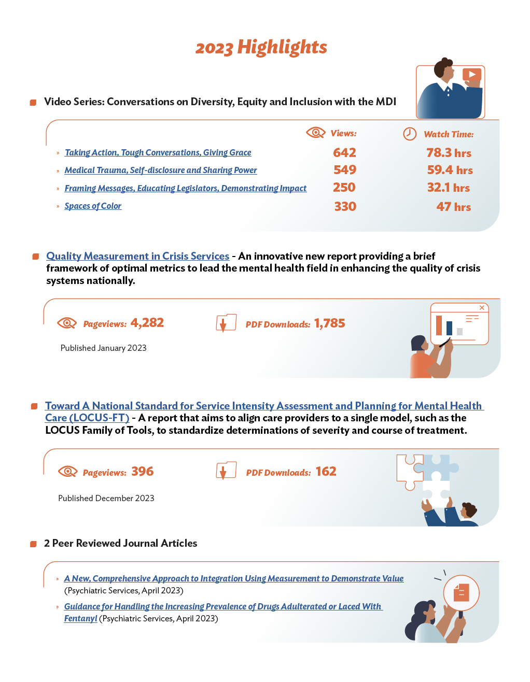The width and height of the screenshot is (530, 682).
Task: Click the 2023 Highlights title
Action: pos(261,47)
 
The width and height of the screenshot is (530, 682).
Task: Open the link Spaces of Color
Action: pos(93,206)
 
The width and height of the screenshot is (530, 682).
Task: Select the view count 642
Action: pos(344,153)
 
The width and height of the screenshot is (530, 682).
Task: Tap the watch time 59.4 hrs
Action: pos(450,170)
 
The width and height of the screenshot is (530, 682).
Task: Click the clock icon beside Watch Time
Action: pos(410,134)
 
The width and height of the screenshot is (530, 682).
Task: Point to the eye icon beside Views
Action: pos(315,133)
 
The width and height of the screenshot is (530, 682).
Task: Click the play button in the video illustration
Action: pos(471,75)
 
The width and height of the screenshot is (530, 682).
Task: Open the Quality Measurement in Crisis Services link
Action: pos(137,256)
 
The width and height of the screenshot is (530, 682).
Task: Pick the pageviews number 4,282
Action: pos(147,323)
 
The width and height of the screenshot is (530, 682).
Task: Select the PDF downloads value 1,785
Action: pos(329,323)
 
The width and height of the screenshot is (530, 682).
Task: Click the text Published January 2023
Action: pos(103,348)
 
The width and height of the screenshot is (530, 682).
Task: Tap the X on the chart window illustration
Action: pos(482,308)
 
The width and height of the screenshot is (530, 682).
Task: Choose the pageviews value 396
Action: pos(142,472)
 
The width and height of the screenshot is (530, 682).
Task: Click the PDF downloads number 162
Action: pos(326,472)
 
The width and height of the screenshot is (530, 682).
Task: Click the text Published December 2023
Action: pos(106,499)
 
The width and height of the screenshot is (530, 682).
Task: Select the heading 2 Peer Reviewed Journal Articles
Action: pos(120,543)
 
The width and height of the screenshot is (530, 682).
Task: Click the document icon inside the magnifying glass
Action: pos(461,592)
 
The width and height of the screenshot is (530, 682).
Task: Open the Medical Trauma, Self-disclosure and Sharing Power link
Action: pos(161,170)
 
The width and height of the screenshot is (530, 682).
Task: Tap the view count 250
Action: pos(344,188)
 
